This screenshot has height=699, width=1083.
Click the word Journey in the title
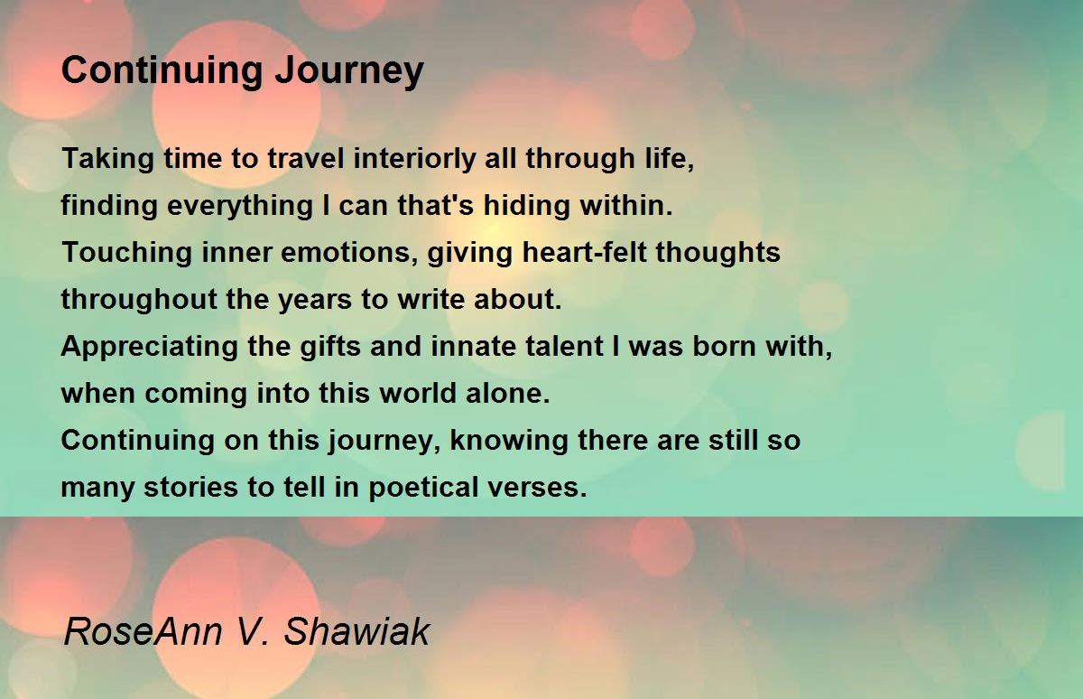(349, 71)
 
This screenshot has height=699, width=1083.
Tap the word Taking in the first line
(107, 159)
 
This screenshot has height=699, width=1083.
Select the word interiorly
(414, 159)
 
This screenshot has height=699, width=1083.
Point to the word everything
(240, 206)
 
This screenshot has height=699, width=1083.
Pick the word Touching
(126, 253)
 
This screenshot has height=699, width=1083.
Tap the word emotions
(349, 253)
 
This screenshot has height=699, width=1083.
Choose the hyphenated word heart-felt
(585, 252)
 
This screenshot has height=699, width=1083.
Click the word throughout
(139, 300)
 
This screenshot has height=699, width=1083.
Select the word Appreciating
(150, 347)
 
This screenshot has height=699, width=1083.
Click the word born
(724, 346)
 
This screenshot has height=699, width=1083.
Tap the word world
(418, 393)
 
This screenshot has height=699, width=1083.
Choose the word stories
(190, 487)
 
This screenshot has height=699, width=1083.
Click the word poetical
(423, 487)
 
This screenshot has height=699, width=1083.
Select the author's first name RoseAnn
(143, 631)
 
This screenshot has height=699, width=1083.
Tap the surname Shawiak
(356, 631)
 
